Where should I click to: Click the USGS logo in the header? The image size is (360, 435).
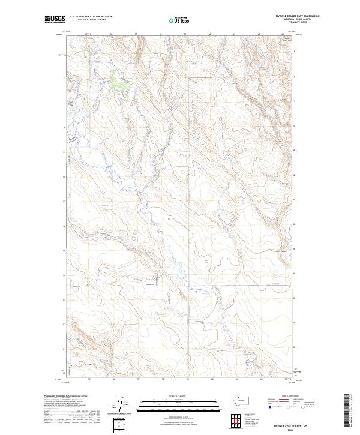tap(55, 20)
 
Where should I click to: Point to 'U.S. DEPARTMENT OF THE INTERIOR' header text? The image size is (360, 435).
tap(91, 16)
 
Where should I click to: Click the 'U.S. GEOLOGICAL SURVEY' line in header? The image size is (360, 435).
tap(90, 19)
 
